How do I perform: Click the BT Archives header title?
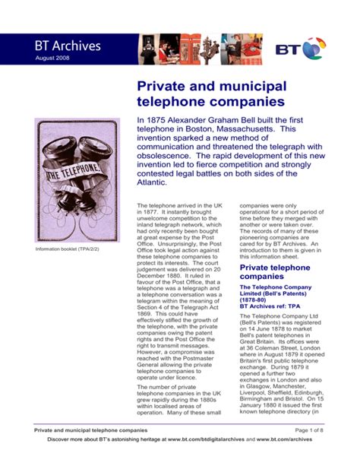[x=67, y=46]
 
